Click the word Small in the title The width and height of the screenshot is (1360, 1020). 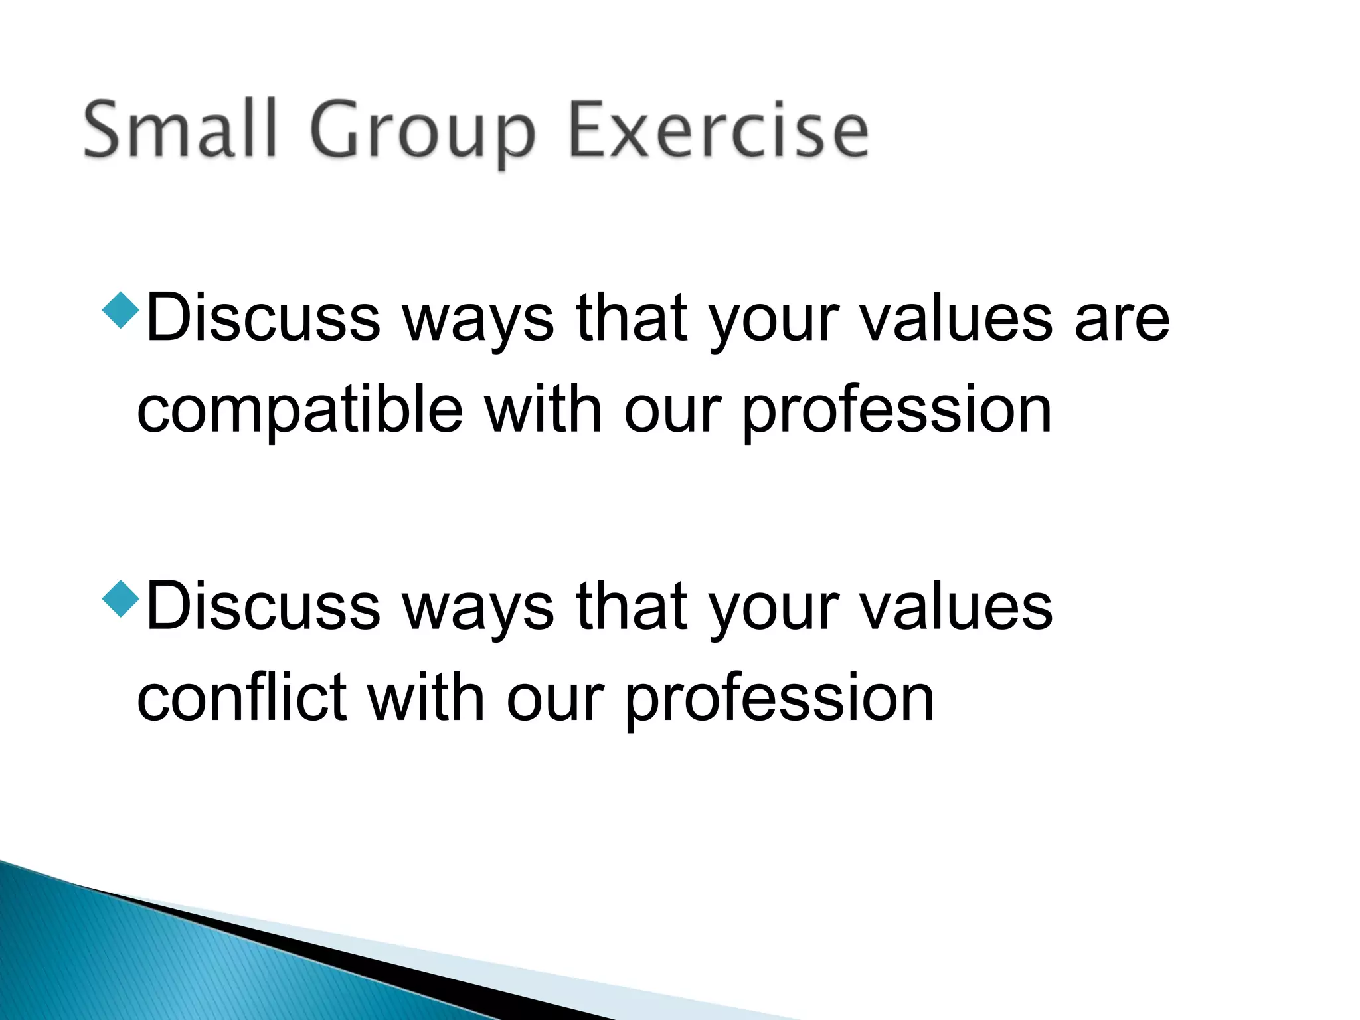[179, 129]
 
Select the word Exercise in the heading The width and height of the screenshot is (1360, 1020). [719, 129]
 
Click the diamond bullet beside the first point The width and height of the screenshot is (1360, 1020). [122, 309]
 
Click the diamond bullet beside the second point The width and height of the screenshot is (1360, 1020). [122, 598]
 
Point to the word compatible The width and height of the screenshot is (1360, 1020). [300, 412]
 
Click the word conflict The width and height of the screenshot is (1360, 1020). [242, 699]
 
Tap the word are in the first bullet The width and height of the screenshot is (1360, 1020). [1122, 320]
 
